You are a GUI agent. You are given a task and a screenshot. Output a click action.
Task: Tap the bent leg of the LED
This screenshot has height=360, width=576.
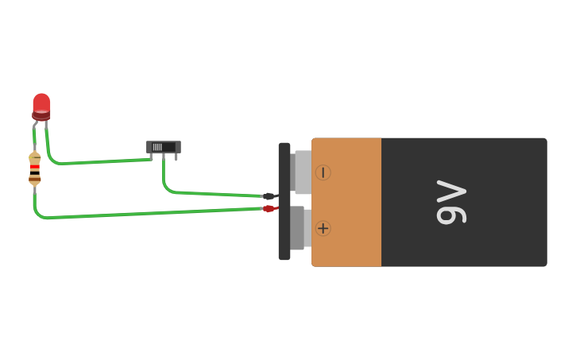point(35,126)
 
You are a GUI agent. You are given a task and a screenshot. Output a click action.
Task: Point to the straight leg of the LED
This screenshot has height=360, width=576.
point(46,124)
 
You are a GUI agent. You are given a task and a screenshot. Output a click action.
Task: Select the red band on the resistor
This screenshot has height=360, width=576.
point(34,167)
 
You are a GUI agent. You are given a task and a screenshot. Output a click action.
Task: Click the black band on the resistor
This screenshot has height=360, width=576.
point(34,173)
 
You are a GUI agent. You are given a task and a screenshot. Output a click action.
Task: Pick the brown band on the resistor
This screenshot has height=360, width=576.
point(34,180)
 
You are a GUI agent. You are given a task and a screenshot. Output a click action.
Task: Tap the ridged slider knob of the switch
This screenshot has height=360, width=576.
point(157,147)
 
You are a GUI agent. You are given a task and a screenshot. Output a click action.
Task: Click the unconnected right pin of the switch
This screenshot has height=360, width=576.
point(176,157)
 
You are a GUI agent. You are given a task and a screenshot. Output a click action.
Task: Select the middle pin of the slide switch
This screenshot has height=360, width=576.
point(164,157)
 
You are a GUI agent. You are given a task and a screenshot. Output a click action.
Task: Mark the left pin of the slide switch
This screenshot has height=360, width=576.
point(151,157)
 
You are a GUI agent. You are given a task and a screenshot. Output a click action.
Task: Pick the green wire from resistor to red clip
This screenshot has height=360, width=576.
point(147,214)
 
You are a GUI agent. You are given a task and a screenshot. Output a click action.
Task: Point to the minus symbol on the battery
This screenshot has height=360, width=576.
point(323,172)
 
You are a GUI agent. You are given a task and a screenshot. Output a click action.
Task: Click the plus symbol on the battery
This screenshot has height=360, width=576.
point(323,229)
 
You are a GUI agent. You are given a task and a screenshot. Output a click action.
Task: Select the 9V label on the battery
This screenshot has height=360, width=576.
point(451,202)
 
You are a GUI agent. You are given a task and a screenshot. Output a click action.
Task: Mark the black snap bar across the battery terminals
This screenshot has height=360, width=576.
point(284,201)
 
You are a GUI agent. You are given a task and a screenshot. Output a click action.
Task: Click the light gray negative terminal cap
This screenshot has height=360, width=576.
point(303,172)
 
